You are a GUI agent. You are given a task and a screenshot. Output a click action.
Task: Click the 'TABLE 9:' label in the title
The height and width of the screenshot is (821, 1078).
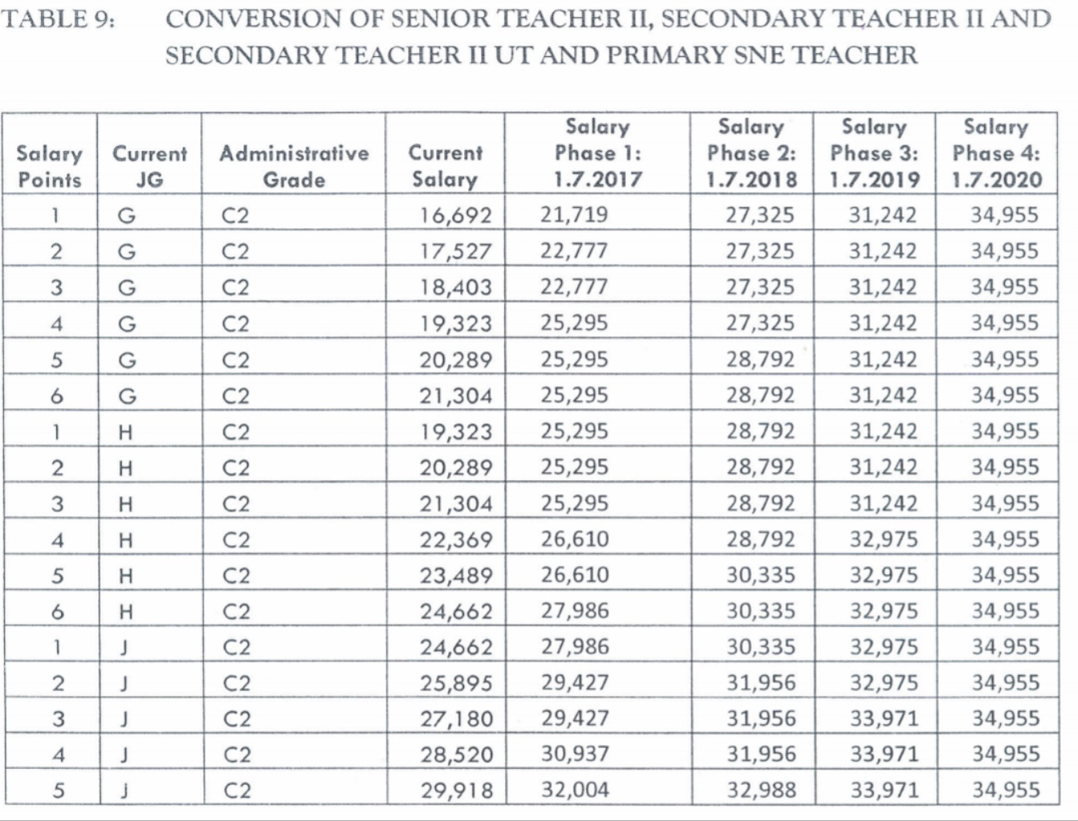click(x=59, y=18)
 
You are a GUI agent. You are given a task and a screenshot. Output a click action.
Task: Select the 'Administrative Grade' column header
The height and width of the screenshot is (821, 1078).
click(x=294, y=166)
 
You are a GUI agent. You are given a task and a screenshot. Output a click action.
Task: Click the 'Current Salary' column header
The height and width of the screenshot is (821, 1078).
click(x=445, y=166)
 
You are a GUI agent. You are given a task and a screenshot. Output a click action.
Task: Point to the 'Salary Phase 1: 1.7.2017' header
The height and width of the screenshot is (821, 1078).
click(x=597, y=152)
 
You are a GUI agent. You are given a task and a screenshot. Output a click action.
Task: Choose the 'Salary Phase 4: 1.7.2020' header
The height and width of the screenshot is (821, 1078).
click(x=996, y=152)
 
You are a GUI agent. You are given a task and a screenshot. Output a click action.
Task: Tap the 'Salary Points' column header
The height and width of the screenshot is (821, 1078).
click(x=50, y=166)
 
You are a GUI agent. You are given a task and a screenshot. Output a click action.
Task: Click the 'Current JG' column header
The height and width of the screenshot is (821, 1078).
click(x=149, y=166)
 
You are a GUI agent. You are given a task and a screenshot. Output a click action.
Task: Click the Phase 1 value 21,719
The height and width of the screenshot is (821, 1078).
click(x=574, y=215)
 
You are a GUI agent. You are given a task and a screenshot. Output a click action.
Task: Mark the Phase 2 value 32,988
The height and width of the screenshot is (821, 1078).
click(x=761, y=790)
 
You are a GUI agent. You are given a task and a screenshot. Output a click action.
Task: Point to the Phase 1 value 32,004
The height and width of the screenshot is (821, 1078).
click(x=575, y=789)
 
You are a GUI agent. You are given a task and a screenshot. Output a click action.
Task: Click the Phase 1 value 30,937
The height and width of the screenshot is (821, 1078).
click(x=575, y=754)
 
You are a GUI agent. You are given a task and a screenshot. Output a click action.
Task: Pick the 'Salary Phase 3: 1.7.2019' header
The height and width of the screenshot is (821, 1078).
click(x=874, y=152)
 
